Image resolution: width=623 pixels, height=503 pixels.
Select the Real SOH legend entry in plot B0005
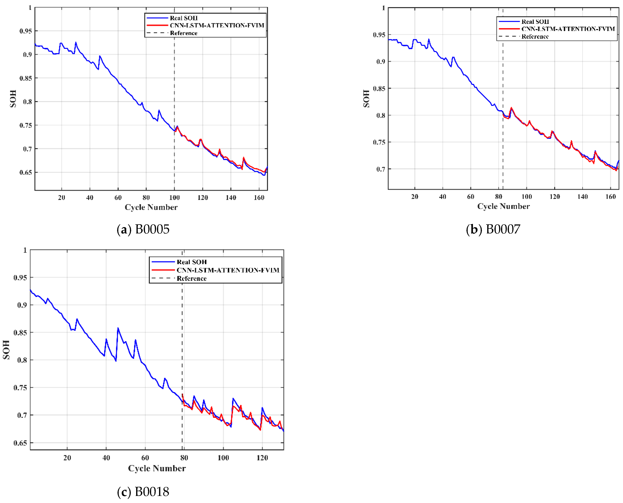[183, 18]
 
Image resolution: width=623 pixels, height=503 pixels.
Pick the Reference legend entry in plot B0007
[535, 36]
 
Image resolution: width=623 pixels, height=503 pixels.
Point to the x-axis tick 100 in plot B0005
[174, 198]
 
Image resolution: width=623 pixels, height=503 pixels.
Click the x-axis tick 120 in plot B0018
[262, 458]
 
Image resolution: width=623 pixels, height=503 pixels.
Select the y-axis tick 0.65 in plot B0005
[26, 173]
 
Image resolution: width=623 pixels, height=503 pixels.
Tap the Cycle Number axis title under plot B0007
[503, 206]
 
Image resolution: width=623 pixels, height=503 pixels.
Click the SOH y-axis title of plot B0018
[6, 350]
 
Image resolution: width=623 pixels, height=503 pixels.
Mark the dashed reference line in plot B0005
[174, 87]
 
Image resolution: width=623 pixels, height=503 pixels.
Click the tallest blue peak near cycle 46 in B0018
[118, 328]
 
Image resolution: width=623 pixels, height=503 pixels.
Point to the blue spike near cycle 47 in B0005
[100, 56]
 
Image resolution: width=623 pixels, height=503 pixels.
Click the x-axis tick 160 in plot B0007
[610, 197]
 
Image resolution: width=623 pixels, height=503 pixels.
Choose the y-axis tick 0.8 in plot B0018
[22, 360]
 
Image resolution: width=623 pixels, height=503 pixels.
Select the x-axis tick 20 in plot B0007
[414, 197]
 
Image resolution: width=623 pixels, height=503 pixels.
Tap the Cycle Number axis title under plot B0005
[151, 207]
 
